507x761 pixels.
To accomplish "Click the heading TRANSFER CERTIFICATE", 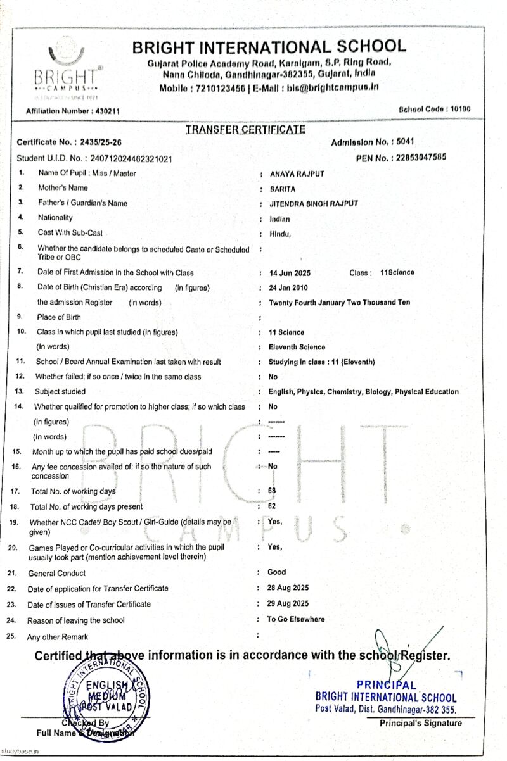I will click(x=245, y=129).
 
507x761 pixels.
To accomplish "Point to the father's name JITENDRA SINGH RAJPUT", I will click(x=313, y=203).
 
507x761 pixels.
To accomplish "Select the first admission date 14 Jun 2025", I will click(x=290, y=272).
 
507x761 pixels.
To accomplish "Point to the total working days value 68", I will click(x=273, y=491).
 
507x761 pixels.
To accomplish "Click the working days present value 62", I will click(x=273, y=505).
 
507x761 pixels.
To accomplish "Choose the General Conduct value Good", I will click(x=276, y=572).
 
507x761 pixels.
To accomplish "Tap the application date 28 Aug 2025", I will click(x=288, y=588).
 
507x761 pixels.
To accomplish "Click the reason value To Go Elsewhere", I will click(x=296, y=619).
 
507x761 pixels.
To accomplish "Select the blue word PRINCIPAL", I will click(x=387, y=684).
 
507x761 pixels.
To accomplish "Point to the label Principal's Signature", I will click(x=421, y=723).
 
